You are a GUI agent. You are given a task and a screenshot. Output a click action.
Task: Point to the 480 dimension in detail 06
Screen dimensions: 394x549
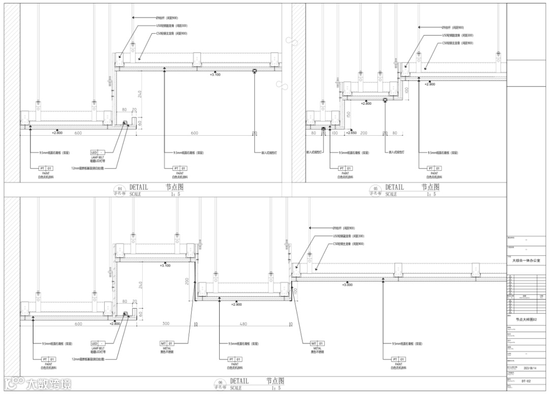pos(243,323)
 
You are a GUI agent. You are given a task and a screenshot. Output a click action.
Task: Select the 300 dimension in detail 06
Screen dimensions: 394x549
pos(166,323)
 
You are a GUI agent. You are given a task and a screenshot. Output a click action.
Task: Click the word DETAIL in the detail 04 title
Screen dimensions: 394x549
pos(138,187)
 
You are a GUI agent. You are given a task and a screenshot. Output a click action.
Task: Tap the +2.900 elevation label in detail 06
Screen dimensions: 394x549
pos(237,304)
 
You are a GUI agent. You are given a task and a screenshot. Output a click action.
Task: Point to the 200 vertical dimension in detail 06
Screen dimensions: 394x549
pos(187,281)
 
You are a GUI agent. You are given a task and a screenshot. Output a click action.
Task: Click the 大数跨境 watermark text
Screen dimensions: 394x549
pos(48,383)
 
